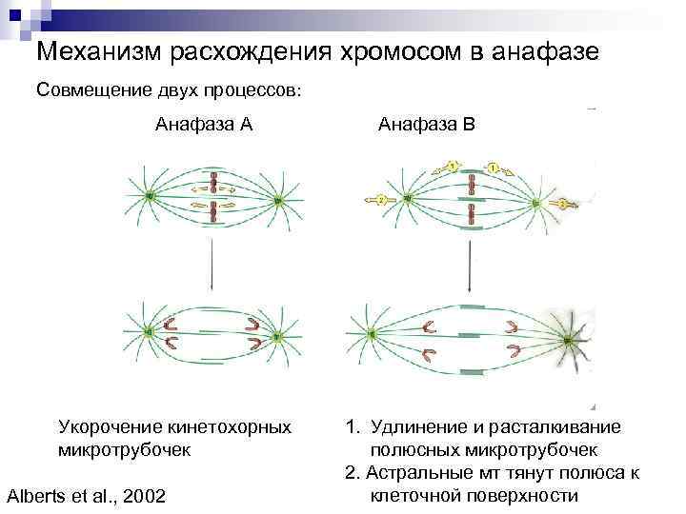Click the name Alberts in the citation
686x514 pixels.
coord(38,496)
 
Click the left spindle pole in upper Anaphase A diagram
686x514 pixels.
coord(150,197)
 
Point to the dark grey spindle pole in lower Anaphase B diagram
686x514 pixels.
coord(569,338)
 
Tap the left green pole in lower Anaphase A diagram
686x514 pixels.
coord(148,332)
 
